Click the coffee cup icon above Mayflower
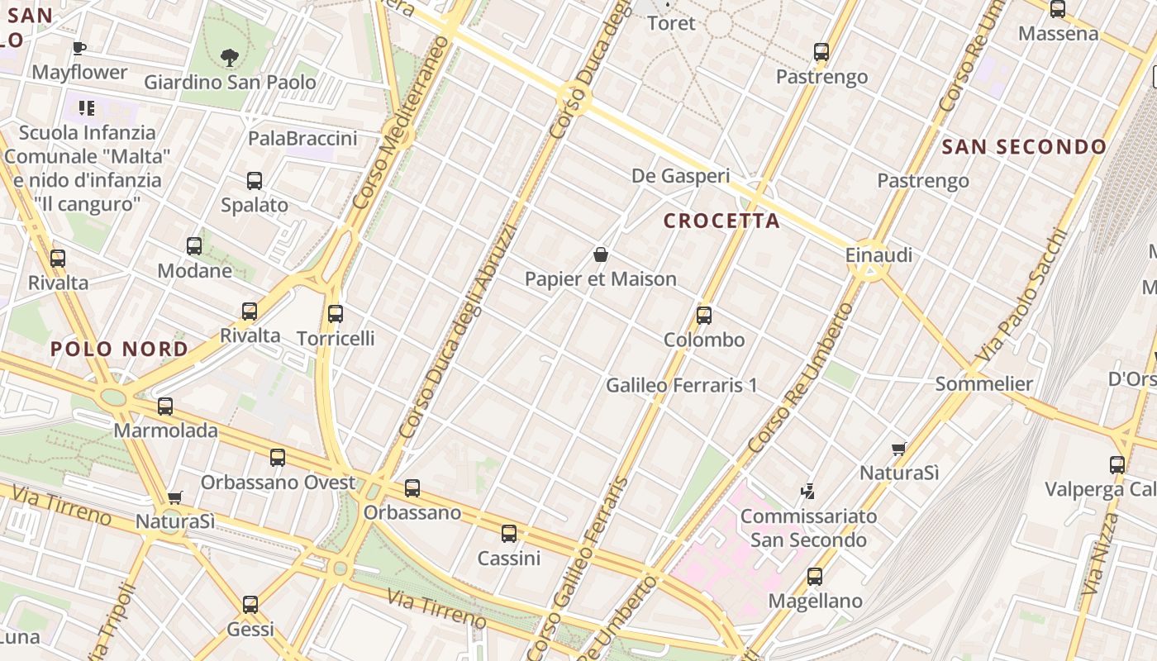[x=79, y=48]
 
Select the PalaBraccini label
[x=302, y=138]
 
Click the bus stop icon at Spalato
[x=255, y=181]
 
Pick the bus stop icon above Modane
[x=194, y=246]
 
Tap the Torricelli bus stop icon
[x=335, y=314]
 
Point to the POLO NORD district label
[x=120, y=350]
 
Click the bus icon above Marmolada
[x=165, y=407]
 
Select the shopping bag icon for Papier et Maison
[x=601, y=254]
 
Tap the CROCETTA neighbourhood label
[x=721, y=221]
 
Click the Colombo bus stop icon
[x=704, y=316]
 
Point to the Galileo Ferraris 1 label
[x=681, y=385]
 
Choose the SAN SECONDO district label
[x=1024, y=147]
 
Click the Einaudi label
[x=878, y=255]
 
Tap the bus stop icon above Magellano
[x=815, y=577]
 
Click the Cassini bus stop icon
[x=509, y=534]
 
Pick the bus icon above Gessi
[x=250, y=605]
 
